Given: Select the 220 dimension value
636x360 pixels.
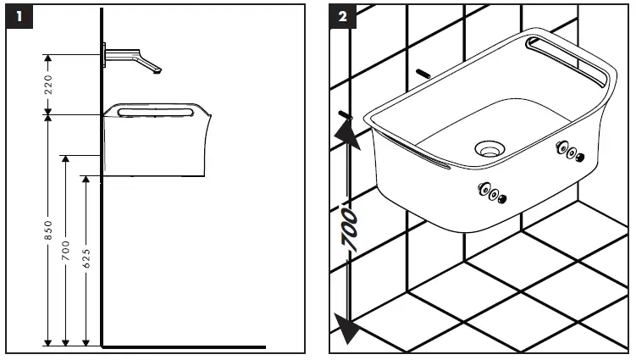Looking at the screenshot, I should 48,85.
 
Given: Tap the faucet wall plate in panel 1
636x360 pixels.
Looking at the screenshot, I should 104,55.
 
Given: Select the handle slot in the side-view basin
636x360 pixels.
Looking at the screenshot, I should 152,110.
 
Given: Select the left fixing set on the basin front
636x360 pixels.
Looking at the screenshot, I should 493,193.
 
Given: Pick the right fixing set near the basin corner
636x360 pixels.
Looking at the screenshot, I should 569,152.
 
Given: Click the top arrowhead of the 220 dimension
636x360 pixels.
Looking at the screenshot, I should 48,58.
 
